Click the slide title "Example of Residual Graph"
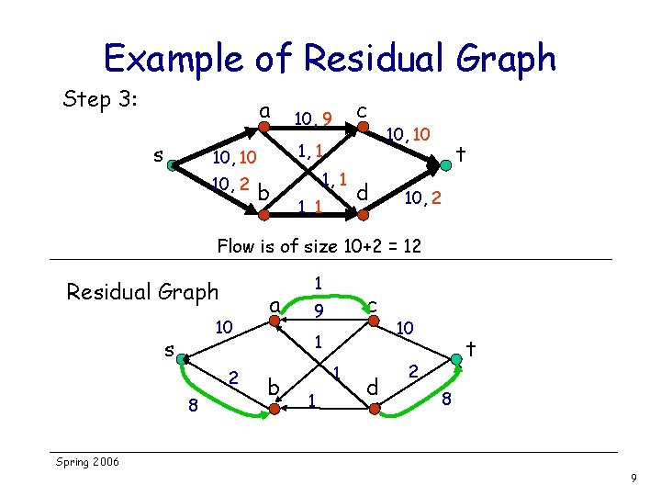[x=330, y=59]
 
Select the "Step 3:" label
[x=98, y=98]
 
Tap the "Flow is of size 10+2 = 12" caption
[x=318, y=245]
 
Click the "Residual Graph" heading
[x=142, y=292]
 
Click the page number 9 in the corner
[x=633, y=479]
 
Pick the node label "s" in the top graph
[x=158, y=156]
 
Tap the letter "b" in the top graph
[x=263, y=193]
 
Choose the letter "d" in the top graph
[x=363, y=192]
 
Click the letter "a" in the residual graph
[x=274, y=303]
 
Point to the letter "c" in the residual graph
[x=372, y=304]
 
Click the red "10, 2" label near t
[x=424, y=197]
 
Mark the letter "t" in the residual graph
[x=470, y=348]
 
